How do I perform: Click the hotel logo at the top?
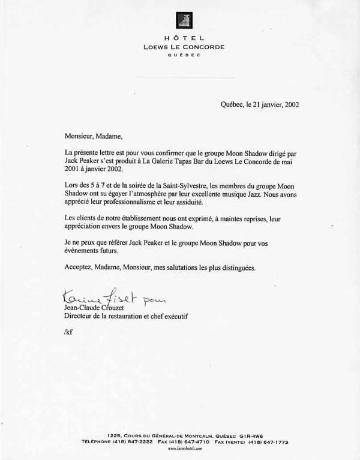pyautogui.click(x=181, y=20)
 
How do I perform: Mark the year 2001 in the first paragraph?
pyautogui.click(x=72, y=171)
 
